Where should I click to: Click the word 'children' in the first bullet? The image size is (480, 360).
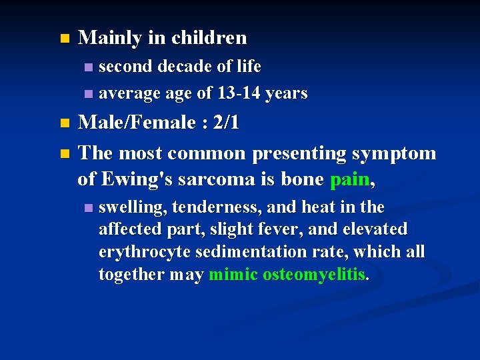pos(209,38)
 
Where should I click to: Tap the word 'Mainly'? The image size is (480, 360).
pos(109,38)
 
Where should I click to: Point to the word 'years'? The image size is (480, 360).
pos(286,94)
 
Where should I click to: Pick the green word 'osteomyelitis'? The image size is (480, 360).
pos(314,275)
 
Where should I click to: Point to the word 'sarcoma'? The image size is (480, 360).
pos(209,179)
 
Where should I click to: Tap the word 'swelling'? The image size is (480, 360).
pos(132,207)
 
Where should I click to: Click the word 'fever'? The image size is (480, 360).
pos(297,229)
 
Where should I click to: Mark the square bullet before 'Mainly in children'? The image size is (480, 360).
pos(64,39)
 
